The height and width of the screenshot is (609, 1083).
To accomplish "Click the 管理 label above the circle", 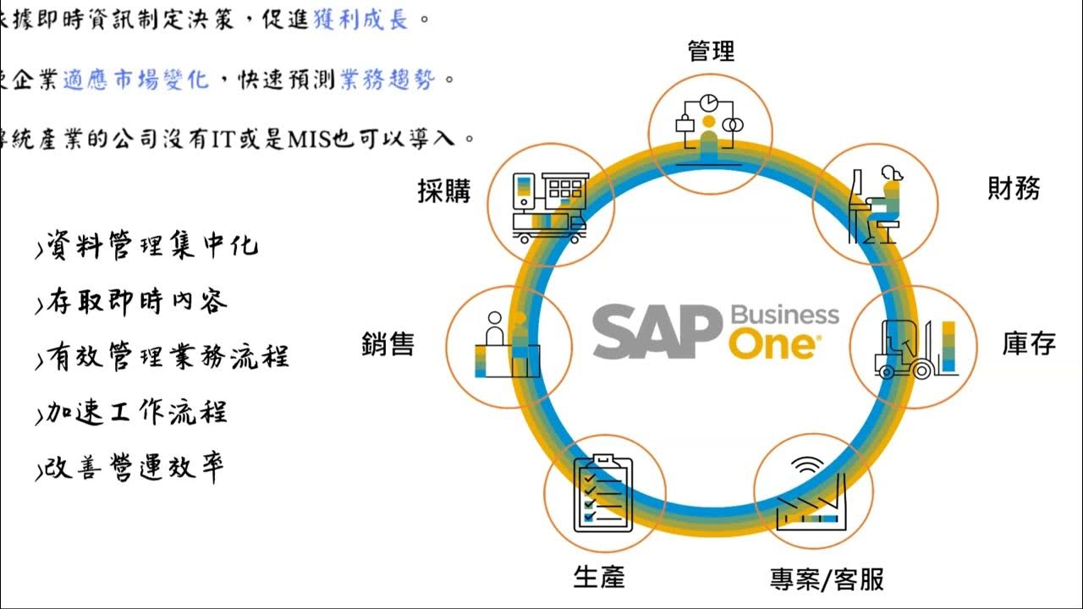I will pyautogui.click(x=711, y=52).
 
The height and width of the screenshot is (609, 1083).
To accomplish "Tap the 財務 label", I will pyautogui.click(x=1014, y=189).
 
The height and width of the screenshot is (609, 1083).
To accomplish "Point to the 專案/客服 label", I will pyautogui.click(x=827, y=579).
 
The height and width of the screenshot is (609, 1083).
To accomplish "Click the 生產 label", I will pyautogui.click(x=599, y=578).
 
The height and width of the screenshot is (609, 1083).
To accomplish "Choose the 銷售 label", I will pyautogui.click(x=388, y=344).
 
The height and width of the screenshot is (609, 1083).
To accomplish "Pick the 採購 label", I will pyautogui.click(x=444, y=191).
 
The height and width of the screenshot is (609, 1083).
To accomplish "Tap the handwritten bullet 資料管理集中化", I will pyautogui.click(x=148, y=246).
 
